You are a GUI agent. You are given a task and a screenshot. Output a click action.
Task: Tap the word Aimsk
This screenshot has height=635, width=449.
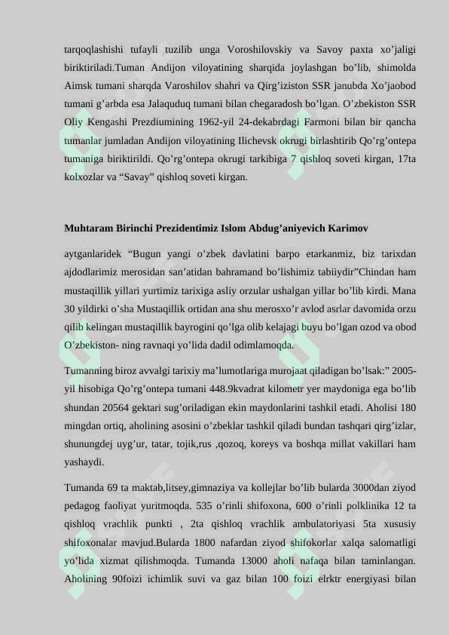(x=79, y=87)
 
